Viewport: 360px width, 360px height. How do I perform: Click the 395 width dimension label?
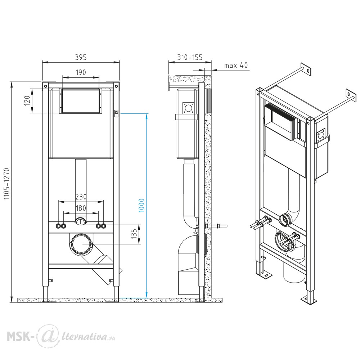click(x=81, y=57)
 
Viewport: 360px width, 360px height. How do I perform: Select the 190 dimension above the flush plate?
click(x=81, y=72)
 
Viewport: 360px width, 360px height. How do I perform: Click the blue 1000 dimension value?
click(x=141, y=206)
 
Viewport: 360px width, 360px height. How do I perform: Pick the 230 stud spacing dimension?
click(x=81, y=197)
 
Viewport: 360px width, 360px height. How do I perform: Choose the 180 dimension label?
click(x=81, y=208)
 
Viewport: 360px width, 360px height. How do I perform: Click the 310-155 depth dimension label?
click(x=190, y=57)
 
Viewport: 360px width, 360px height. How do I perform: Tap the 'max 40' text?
click(x=236, y=66)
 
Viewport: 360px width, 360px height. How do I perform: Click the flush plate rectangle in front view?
click(x=81, y=101)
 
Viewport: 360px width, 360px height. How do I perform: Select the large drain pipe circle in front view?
click(x=81, y=244)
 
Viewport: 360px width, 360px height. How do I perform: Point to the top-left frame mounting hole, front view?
click(x=45, y=86)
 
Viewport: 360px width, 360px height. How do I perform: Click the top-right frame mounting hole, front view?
click(x=116, y=86)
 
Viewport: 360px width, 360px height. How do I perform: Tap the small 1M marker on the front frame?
click(x=116, y=112)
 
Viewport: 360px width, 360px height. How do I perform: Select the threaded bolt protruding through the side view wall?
click(x=216, y=226)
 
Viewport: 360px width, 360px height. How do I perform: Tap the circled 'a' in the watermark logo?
click(x=46, y=336)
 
